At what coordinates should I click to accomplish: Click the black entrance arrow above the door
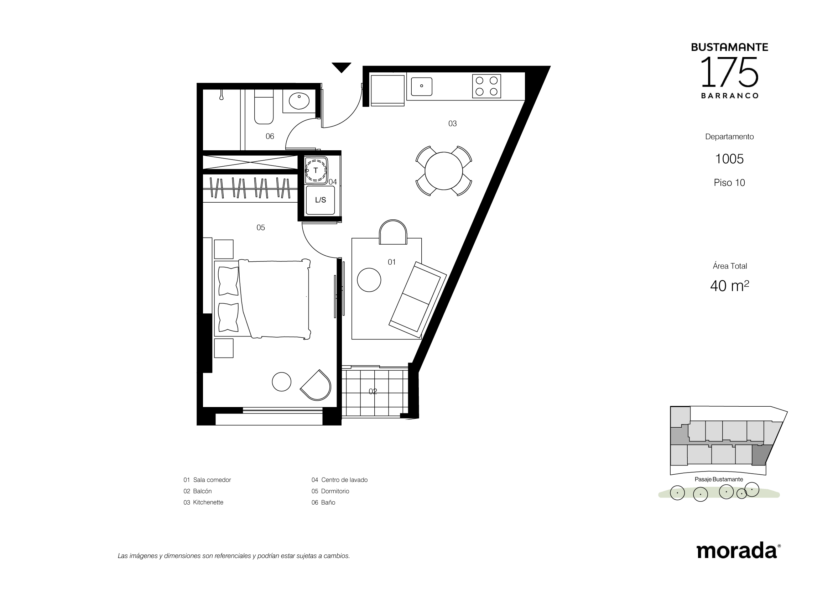click(342, 67)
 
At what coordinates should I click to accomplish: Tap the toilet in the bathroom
click(264, 107)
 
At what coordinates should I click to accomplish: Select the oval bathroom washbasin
click(299, 101)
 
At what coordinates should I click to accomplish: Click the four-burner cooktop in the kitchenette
click(486, 86)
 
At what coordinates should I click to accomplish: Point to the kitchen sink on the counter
click(422, 86)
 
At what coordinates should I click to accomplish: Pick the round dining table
click(444, 171)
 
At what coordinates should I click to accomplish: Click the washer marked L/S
click(321, 200)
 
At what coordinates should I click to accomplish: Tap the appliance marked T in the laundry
click(316, 170)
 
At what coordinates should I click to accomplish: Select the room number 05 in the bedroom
click(261, 228)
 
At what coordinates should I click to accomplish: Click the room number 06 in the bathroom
click(270, 136)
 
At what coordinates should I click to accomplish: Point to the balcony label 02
click(373, 391)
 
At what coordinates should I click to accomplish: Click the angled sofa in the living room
click(418, 299)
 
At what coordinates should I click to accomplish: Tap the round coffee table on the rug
click(369, 280)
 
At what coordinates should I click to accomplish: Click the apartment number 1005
click(729, 159)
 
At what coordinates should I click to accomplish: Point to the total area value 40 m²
click(730, 286)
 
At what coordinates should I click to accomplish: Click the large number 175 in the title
click(730, 72)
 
